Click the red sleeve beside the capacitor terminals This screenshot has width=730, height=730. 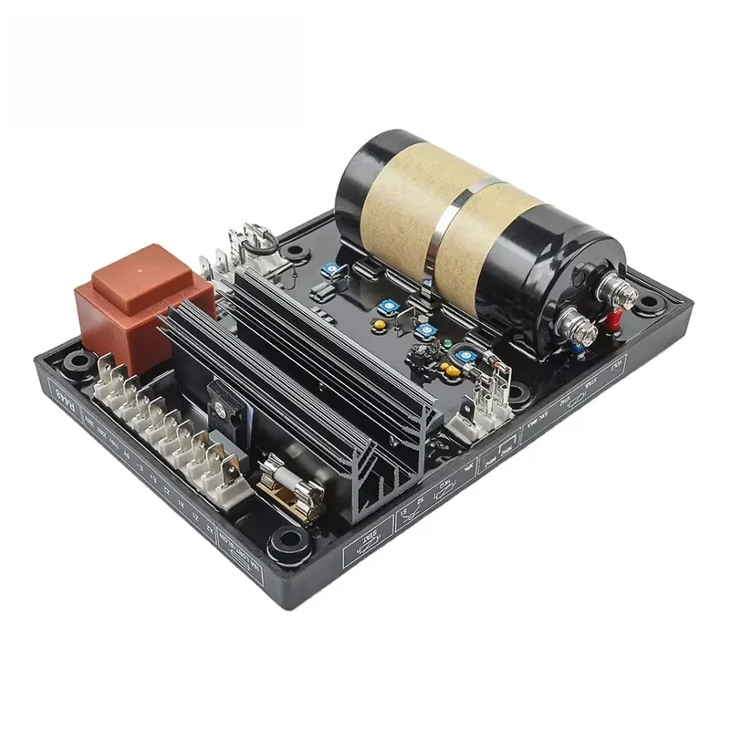(x=614, y=319)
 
